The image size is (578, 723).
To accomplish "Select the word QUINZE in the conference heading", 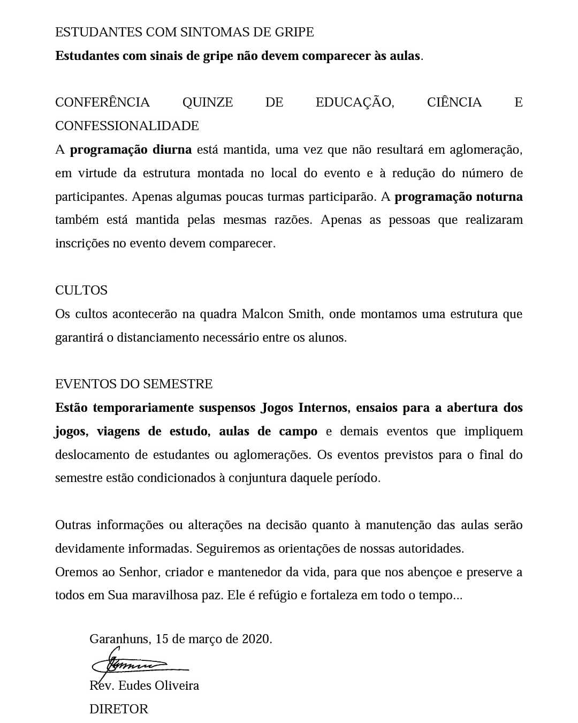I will (x=208, y=102).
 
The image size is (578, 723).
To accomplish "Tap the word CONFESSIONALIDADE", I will (x=127, y=126).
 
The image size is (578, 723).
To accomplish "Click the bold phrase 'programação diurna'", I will (x=131, y=149).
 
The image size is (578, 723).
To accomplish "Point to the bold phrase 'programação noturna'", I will (x=459, y=197).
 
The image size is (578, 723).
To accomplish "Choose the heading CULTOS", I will (x=81, y=290).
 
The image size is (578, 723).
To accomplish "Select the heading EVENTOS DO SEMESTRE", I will (x=134, y=384).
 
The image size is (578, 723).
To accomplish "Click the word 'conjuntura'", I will (x=257, y=478).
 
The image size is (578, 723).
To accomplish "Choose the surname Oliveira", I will (x=177, y=686).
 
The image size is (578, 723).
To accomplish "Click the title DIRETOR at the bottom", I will (x=119, y=709).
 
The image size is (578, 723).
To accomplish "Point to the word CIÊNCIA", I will (x=454, y=102).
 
